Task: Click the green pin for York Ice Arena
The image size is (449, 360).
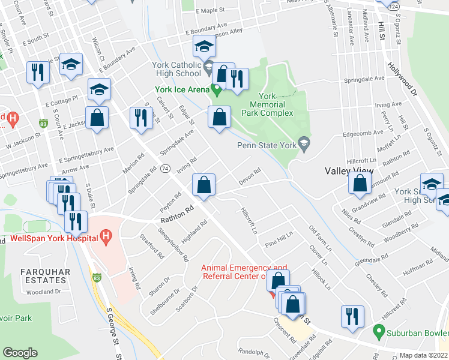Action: pyautogui.click(x=215, y=90)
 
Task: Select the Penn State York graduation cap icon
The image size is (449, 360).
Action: pyautogui.click(x=304, y=143)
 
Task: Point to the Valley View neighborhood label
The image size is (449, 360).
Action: pyautogui.click(x=349, y=171)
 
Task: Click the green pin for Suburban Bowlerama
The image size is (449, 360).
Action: pyautogui.click(x=378, y=331)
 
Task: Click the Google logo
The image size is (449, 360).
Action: pyautogui.click(x=20, y=352)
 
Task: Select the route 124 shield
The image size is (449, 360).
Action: pyautogui.click(x=393, y=5)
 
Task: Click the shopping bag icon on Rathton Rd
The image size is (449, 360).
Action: pyautogui.click(x=204, y=184)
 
